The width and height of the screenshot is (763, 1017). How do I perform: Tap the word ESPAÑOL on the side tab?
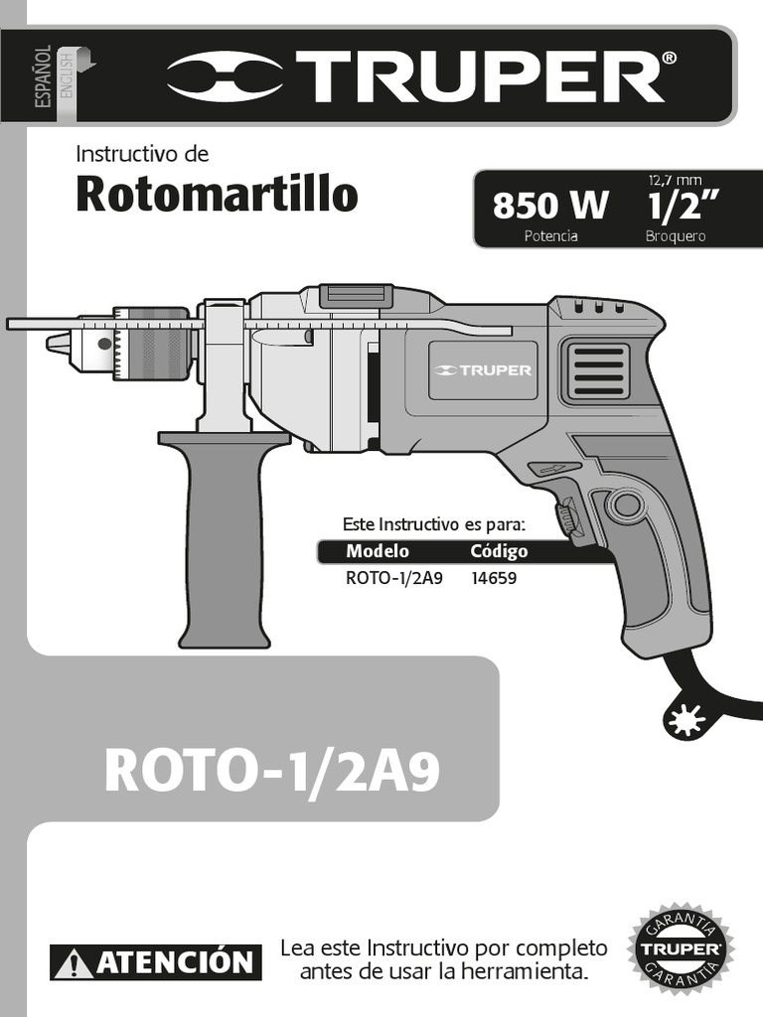[44, 80]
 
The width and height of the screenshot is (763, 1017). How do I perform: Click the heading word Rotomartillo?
[217, 195]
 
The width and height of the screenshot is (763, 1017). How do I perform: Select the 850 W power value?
[550, 206]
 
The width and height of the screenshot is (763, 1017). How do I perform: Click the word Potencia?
[550, 237]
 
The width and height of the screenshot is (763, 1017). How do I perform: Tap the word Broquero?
[676, 237]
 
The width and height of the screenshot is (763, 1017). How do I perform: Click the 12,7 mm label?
[676, 179]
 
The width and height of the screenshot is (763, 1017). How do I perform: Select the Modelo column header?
[377, 552]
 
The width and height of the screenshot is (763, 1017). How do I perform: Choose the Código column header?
[499, 552]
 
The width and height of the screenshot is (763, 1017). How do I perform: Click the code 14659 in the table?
[495, 577]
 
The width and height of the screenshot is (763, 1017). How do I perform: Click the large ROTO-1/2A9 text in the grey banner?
[270, 772]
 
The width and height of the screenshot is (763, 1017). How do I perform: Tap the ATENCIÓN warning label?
[157, 961]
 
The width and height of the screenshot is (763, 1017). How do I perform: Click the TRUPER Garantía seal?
[681, 948]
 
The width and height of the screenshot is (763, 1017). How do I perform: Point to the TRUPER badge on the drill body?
[484, 370]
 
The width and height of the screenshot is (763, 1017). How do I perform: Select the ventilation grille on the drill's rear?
[597, 371]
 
